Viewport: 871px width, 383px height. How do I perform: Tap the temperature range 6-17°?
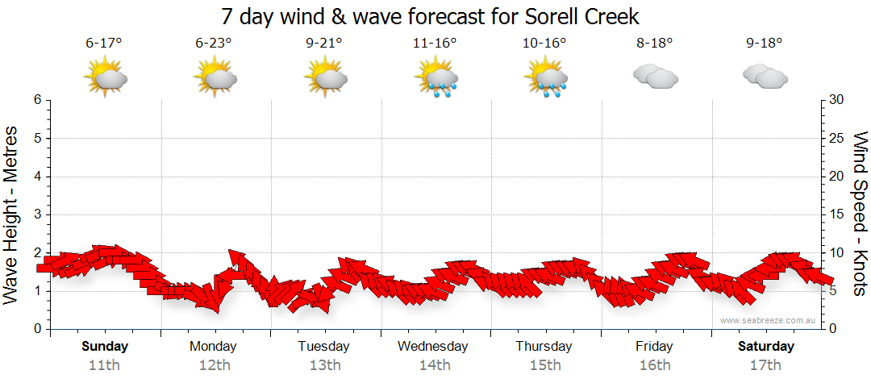coord(103,43)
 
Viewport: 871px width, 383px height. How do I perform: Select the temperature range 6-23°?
coord(214,43)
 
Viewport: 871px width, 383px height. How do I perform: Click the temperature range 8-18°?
coord(654,43)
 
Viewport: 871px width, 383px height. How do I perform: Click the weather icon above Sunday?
coord(106,78)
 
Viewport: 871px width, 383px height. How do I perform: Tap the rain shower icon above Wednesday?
coord(435,78)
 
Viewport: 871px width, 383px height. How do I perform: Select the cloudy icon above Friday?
coord(655,77)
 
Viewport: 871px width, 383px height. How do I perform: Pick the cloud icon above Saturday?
coord(765,77)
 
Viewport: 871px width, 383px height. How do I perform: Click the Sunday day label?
coord(104,347)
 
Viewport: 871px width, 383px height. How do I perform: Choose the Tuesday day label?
coord(323,347)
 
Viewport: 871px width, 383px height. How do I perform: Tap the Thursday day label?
coord(544,347)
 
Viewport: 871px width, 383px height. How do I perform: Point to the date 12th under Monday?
coord(214,365)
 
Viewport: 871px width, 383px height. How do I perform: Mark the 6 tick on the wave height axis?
coord(36,100)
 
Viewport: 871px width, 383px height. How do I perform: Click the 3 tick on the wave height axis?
coord(36,214)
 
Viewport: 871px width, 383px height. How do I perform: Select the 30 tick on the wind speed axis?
coord(837,100)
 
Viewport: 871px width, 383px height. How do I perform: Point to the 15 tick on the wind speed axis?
coord(837,214)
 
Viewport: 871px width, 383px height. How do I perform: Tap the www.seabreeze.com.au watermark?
coord(769,320)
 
